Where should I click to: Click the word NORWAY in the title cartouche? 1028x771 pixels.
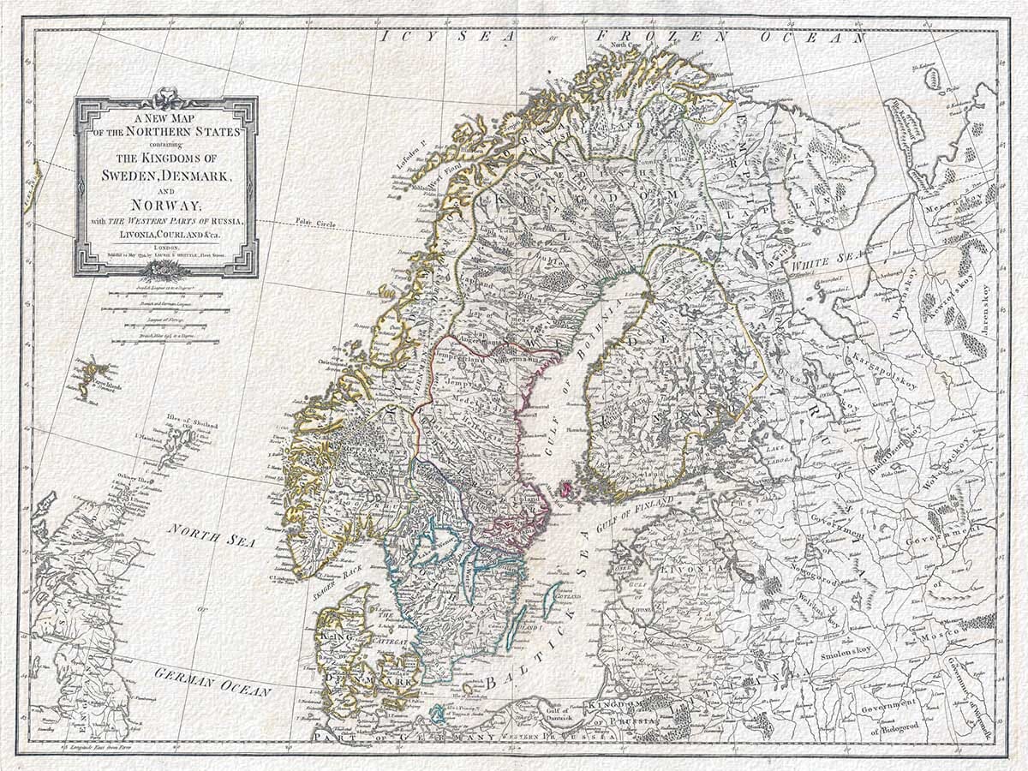[x=164, y=206]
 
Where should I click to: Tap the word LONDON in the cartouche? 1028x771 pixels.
[x=165, y=245]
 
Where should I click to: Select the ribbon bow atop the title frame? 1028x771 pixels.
[x=165, y=95]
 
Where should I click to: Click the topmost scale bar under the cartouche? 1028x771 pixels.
[x=164, y=293]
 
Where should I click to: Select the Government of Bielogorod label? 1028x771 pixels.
[x=891, y=716]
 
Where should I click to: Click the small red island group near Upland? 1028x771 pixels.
[x=566, y=489]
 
